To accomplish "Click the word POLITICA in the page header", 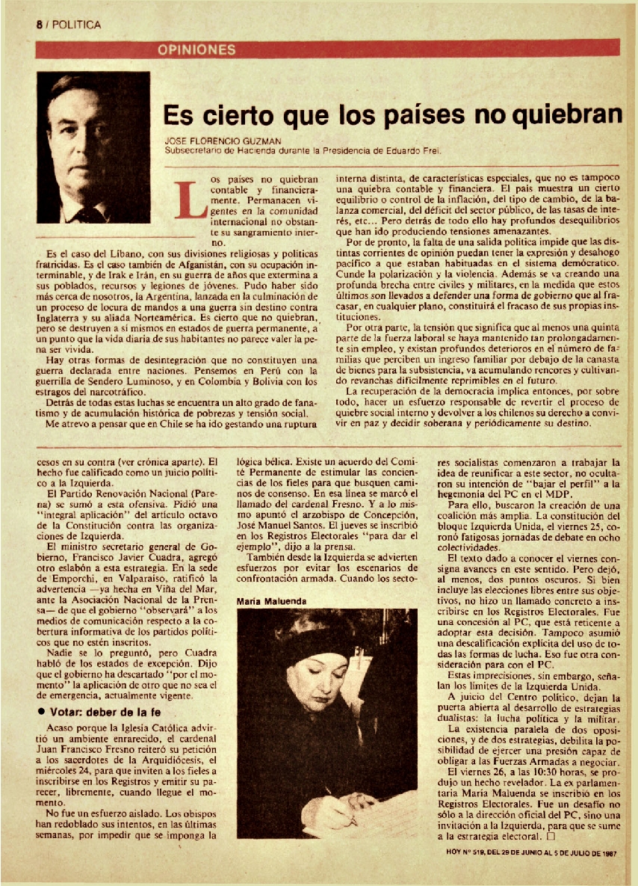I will [76, 25].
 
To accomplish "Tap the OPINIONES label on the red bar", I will [196, 50].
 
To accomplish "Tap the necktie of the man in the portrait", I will [90, 214].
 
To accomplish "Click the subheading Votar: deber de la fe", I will [105, 710].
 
